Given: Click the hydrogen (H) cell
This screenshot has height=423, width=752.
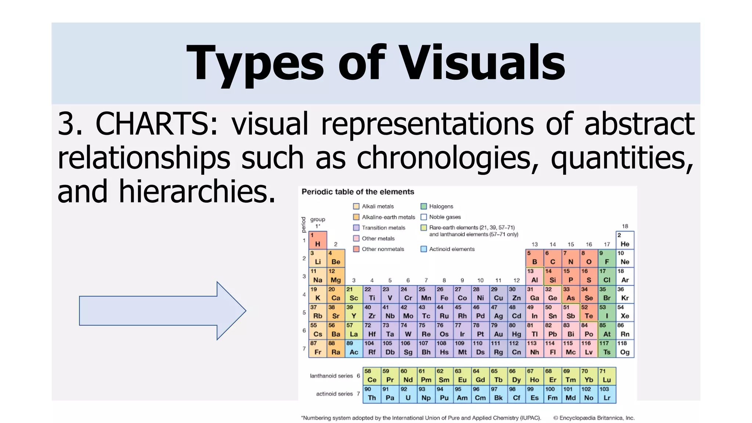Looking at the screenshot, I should coord(318,240).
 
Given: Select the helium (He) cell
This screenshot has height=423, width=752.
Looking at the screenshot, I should coord(625,240).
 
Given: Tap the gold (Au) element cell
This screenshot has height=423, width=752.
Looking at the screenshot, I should coord(498,330).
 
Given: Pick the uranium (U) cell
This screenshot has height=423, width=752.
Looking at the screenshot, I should coord(408,394).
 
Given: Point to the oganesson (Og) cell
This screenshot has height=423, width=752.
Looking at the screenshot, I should coord(625,348).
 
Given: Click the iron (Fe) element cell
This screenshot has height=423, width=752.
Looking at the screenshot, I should coord(444,294).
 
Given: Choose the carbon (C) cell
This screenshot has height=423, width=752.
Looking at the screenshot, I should coord(552,258).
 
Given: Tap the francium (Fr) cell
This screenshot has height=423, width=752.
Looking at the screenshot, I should coord(318,348).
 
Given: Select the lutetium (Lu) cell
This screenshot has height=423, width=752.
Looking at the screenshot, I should coord(607,376).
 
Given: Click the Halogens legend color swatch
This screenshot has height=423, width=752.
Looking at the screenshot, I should coord(423,206).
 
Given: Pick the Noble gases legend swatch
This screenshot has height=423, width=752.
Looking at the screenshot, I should coord(423,217).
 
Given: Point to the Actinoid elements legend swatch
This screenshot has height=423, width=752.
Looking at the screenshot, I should coord(423,249).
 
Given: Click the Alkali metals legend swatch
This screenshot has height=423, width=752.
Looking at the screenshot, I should coord(356,206).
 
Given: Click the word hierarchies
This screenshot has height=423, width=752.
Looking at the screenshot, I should coord(197,192).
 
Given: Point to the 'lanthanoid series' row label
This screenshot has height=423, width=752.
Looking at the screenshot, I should coord(331,376).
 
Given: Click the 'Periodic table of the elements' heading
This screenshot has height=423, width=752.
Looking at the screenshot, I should coord(358,192).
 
